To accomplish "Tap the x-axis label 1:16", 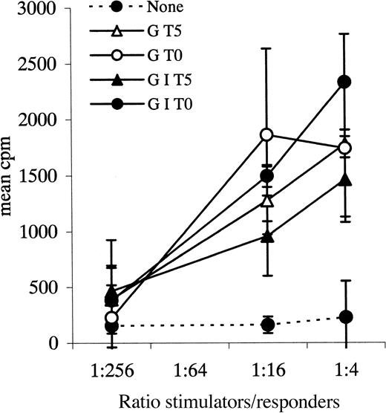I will (268, 367).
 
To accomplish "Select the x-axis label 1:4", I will (345, 367).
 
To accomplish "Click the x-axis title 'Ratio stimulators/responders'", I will (229, 400).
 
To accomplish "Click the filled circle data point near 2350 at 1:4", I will (345, 82).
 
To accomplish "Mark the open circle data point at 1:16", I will (268, 134).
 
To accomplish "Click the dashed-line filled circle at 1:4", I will (345, 317).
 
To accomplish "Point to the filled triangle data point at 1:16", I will (268, 237).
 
